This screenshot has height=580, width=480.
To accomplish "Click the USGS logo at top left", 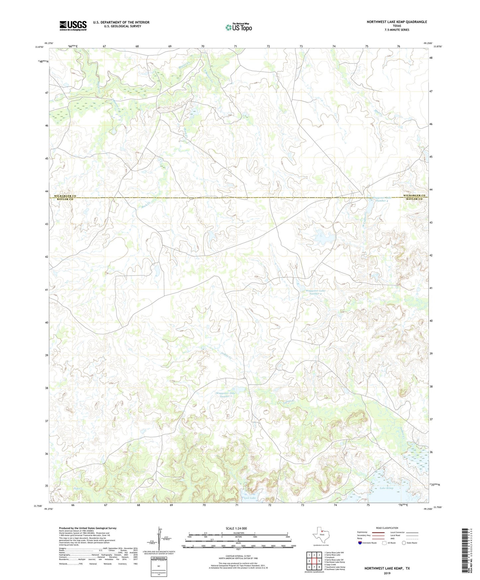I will pos(73,26).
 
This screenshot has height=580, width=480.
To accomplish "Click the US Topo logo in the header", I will pos(239,27).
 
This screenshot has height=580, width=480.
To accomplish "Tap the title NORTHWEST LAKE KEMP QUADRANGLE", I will pos(397,22).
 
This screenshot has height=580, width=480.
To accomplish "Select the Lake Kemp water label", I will pos(386,488).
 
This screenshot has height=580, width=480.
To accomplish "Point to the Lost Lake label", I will pos(250,498).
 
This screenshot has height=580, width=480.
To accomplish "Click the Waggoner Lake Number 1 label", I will pos(226,395).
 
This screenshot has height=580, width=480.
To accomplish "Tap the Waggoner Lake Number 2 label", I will pos(316,292).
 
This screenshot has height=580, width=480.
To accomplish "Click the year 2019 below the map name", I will pos(387,573).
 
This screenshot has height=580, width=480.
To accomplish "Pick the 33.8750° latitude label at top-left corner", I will pos(39,47).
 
